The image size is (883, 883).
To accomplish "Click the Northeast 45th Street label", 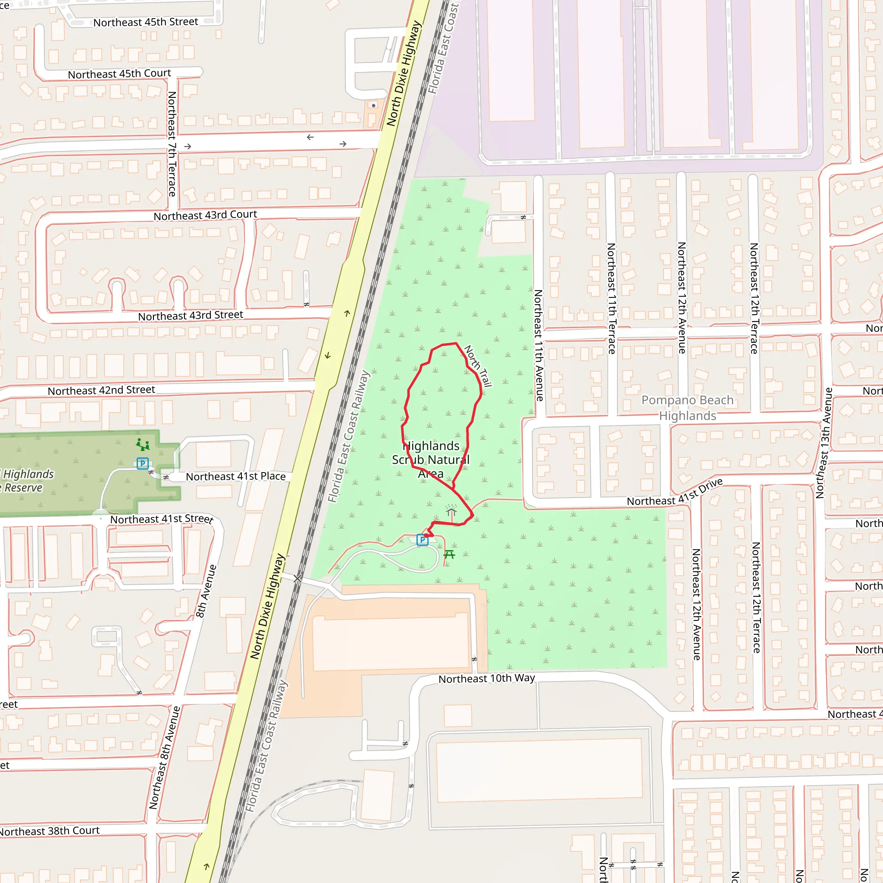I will [145, 22].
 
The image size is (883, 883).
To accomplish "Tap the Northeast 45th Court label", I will [119, 74].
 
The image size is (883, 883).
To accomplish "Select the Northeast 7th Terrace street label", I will [172, 144].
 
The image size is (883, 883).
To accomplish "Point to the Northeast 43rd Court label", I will [205, 215].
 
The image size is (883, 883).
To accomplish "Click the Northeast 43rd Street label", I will [191, 315].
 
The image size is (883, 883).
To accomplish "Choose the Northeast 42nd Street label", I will [101, 390].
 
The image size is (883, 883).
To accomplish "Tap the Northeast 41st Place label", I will [235, 476].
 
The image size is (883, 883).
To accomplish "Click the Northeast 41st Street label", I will [161, 519].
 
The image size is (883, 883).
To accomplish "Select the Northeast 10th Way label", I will [486, 678].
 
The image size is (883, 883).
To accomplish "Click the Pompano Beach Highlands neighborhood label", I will [687, 408].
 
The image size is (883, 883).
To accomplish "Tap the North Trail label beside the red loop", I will [478, 366].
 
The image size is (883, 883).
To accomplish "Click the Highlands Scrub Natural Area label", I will [431, 459].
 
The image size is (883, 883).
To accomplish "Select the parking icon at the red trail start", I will [422, 540].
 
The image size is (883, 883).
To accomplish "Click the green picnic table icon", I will [449, 554].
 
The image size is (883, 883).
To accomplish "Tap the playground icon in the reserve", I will [143, 444].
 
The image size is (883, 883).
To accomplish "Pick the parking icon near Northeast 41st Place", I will [143, 463].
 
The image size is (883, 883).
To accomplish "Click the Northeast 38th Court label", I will [49, 830].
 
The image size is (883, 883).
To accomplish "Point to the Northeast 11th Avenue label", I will [539, 345].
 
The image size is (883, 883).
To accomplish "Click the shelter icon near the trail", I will [451, 510].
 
